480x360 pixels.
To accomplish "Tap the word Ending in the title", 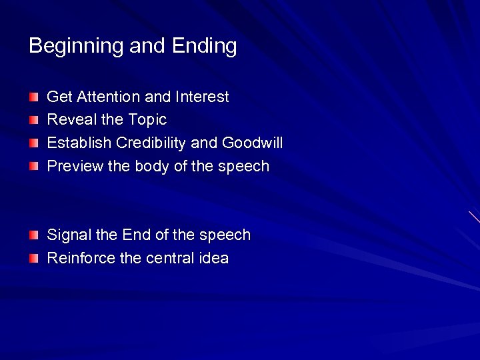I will (204, 47).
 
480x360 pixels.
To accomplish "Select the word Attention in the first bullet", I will (109, 97).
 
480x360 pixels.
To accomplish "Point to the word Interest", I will (202, 97).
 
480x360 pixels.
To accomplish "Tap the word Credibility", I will (151, 143).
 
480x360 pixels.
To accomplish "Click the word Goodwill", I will (253, 143).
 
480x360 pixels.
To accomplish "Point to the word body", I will (152, 167).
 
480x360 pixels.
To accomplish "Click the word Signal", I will (69, 235).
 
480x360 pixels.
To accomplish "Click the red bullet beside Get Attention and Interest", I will (34, 98).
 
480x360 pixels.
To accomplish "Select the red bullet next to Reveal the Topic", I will (34, 121).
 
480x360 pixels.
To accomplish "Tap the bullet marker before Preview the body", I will (34, 167).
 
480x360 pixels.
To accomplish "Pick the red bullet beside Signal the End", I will (34, 236).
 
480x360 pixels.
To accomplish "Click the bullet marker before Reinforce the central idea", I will (34, 259).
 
